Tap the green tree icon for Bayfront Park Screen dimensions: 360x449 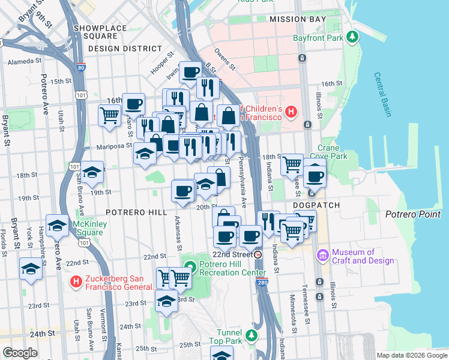[354, 38]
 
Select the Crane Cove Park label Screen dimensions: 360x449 [333, 152]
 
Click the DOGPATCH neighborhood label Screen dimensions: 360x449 [316, 205]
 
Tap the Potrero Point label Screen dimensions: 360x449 [412, 214]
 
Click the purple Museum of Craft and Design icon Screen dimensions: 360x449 [323, 256]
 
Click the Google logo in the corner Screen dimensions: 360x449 [20, 353]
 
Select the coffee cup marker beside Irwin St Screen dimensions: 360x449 [191, 73]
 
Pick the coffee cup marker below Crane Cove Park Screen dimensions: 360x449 [314, 176]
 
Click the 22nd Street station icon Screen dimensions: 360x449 [258, 254]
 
